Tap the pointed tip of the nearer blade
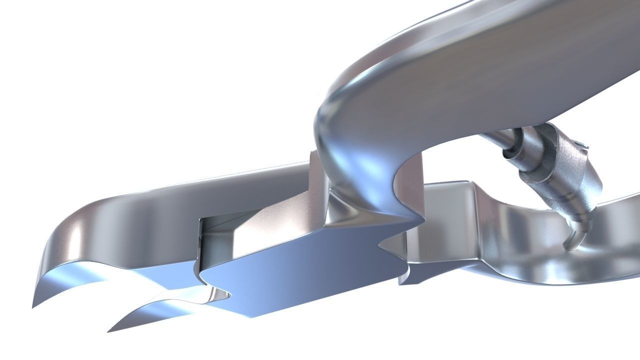[x=109, y=331]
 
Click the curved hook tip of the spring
[x=569, y=245]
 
